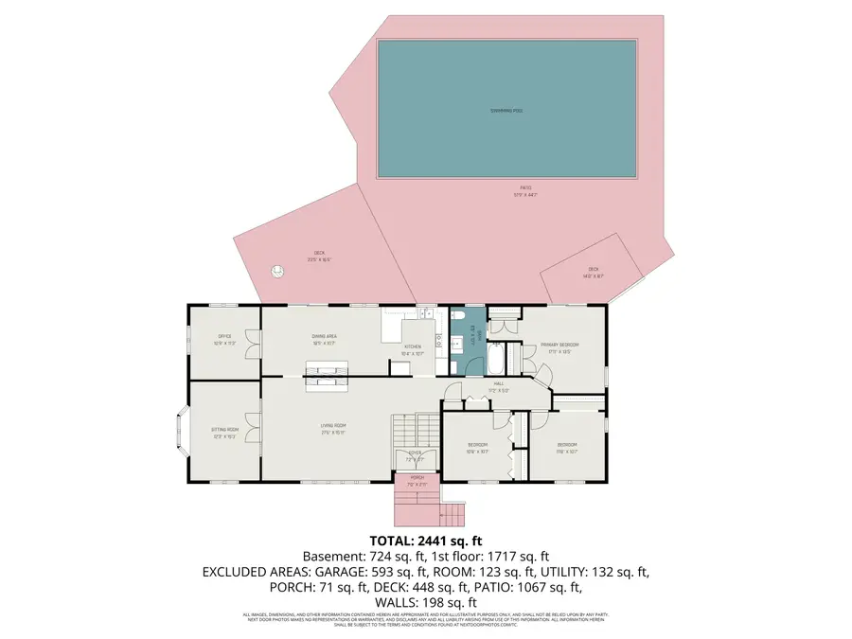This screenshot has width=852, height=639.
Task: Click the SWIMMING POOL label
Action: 506,111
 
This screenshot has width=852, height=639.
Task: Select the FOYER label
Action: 416,455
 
